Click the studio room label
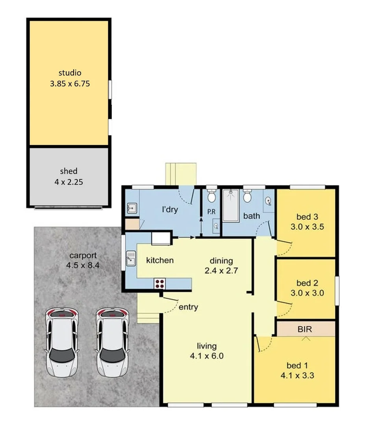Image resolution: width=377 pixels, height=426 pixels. [70, 73]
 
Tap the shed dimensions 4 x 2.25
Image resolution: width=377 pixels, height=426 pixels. [69, 182]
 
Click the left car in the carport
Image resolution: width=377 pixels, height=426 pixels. [62, 342]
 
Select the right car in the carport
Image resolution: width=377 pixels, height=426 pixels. [112, 342]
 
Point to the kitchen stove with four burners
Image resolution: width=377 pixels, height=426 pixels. [160, 283]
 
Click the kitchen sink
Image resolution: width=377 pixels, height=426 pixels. [131, 258]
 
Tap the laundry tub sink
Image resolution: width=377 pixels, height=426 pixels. [132, 208]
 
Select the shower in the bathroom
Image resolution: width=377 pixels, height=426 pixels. [231, 206]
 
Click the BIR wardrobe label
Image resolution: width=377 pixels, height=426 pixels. [305, 329]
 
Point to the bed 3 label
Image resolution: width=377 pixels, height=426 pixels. [307, 217]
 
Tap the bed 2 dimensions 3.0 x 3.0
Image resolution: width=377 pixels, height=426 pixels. [307, 293]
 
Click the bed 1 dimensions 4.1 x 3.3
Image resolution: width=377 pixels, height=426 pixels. [297, 376]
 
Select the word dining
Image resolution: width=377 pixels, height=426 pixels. [221, 261]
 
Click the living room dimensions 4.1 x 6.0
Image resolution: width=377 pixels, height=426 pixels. [207, 356]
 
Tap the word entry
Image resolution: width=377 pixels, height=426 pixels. [188, 307]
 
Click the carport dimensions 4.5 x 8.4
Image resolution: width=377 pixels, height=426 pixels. [83, 265]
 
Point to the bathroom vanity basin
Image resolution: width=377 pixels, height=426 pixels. [268, 201]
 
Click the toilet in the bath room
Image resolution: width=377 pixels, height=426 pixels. [247, 195]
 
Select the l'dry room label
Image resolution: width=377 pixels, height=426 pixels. [170, 209]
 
